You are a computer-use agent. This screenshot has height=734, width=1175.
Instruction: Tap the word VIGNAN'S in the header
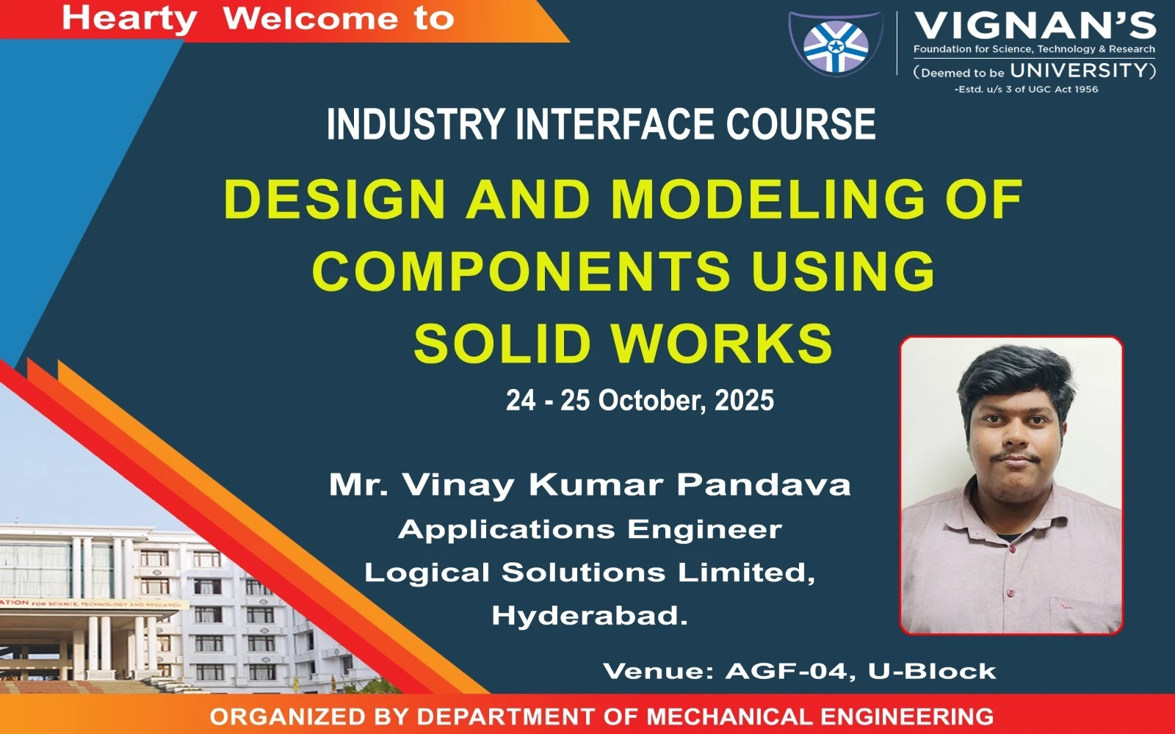1035,26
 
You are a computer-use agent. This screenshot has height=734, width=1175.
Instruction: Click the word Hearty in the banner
129,19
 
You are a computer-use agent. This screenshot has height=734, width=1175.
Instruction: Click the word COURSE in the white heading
800,124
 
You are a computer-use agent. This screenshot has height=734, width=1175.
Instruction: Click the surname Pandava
763,484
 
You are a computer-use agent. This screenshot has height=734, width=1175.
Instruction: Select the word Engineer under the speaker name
704,529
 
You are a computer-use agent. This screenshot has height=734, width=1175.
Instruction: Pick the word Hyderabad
590,616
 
